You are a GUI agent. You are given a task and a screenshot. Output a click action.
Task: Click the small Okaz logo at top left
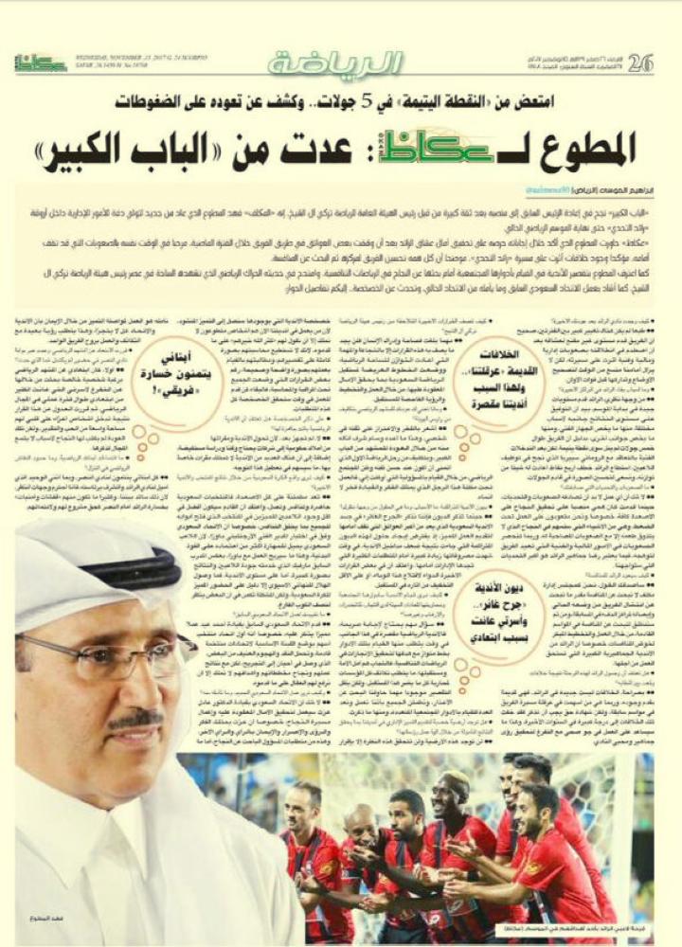tap(39, 63)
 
